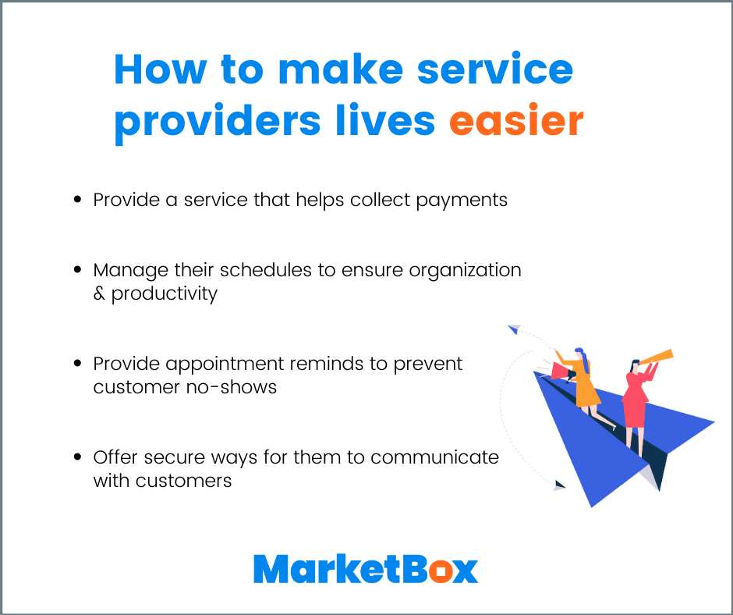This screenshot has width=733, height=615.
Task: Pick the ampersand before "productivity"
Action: (99, 294)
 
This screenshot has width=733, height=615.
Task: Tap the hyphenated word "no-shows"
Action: (235, 387)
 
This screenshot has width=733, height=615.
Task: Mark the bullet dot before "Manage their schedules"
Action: (77, 270)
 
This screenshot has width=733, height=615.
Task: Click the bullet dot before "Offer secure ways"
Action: (77, 457)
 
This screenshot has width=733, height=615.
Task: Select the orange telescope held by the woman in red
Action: (657, 357)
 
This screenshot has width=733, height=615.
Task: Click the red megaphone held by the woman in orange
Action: (560, 370)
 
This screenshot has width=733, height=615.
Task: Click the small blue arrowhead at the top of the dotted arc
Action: (513, 330)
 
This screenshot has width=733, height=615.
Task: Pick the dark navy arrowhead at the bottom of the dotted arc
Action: (558, 485)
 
